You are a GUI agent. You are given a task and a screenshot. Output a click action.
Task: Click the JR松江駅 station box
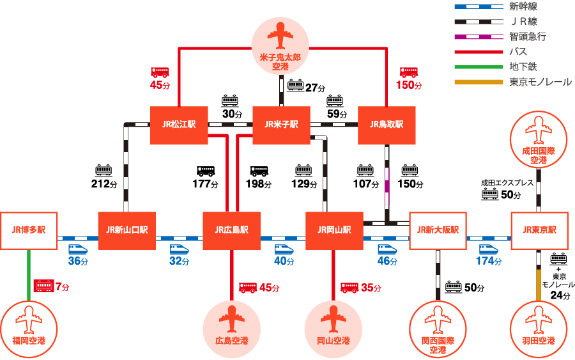179,125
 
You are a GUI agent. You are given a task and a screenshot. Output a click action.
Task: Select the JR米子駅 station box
282,125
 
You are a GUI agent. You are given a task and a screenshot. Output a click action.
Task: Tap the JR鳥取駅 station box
387,125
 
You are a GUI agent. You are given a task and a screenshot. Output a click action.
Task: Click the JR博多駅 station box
29,231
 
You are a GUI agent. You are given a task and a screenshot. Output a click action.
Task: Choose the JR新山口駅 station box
127,231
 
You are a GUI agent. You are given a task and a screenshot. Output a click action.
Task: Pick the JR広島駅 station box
232,231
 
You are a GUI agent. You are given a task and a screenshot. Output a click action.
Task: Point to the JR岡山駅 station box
334,231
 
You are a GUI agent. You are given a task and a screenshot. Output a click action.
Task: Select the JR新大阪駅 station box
438,231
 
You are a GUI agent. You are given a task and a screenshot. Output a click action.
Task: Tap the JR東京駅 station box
540,231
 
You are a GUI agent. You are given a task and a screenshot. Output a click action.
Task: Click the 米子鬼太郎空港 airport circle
280,46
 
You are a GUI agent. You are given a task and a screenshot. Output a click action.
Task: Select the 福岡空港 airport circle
29,329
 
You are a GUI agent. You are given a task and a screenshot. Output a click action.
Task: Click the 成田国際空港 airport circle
539,140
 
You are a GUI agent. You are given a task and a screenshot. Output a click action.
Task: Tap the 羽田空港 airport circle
539,329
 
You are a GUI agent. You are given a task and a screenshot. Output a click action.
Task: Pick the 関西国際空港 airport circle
438,329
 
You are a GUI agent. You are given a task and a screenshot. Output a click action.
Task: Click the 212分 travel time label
104,184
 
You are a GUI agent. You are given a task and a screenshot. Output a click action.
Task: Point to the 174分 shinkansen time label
489,261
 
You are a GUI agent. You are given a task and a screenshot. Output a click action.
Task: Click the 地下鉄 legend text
523,67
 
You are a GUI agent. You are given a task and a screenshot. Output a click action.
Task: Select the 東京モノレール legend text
540,82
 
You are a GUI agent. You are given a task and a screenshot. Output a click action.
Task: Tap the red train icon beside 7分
43,286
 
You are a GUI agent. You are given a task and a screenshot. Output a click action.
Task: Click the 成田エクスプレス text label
507,183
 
